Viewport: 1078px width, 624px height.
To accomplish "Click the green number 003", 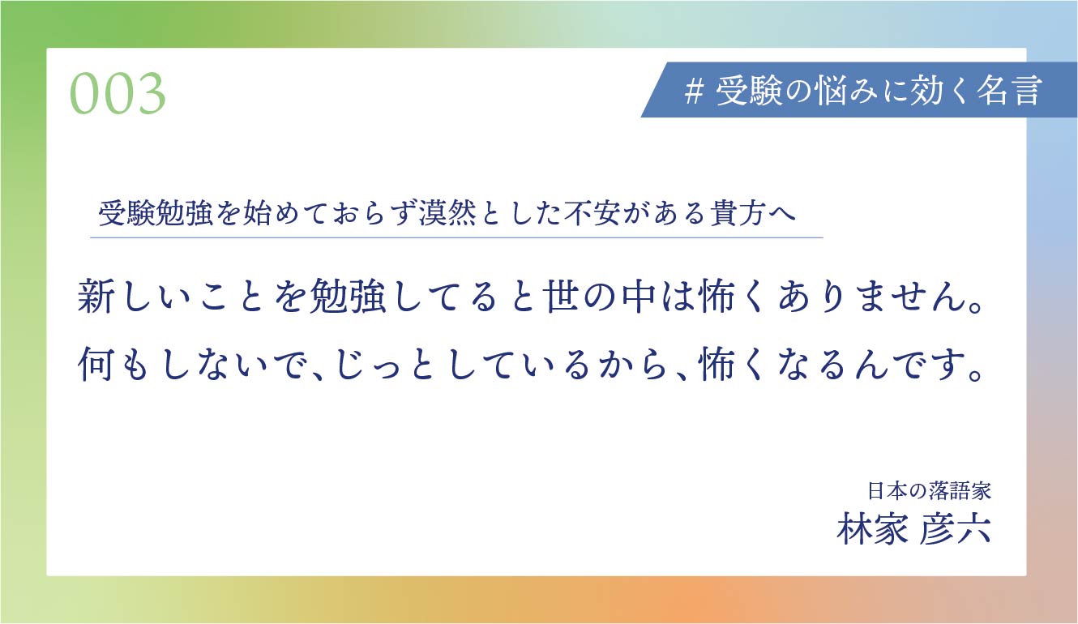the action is click(x=118, y=93).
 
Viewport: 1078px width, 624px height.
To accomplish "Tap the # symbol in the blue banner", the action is click(x=695, y=91).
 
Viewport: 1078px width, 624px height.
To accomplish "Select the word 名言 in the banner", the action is click(x=1009, y=91).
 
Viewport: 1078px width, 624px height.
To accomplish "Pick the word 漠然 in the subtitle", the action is click(x=447, y=212).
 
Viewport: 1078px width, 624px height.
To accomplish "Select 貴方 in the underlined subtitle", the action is click(x=738, y=212).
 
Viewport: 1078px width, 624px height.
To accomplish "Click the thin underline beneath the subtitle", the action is click(x=456, y=237).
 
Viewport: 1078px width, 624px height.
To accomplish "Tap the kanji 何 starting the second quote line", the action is click(x=96, y=364).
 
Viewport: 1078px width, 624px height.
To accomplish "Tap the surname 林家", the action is click(x=872, y=528).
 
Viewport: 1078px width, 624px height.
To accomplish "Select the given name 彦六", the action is click(x=956, y=528).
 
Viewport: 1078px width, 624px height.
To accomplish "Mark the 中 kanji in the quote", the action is click(x=639, y=296).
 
